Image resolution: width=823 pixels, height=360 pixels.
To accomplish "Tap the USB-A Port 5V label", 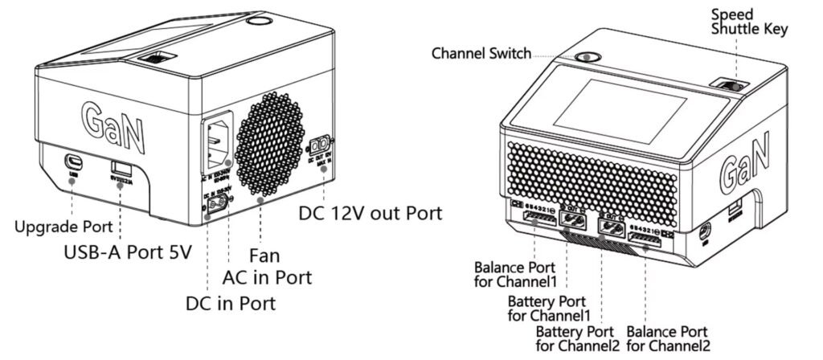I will click(128, 252).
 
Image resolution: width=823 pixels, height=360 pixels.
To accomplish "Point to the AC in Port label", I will click(266, 278).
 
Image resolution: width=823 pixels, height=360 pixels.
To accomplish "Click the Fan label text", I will click(264, 257).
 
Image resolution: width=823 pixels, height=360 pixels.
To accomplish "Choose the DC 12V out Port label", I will click(371, 215).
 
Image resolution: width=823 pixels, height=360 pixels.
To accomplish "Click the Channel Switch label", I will click(481, 54).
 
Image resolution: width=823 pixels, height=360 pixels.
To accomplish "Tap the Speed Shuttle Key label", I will click(748, 22).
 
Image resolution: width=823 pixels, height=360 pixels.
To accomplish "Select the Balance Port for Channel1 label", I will click(514, 273).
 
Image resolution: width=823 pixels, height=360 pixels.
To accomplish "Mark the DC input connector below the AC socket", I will click(217, 206).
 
